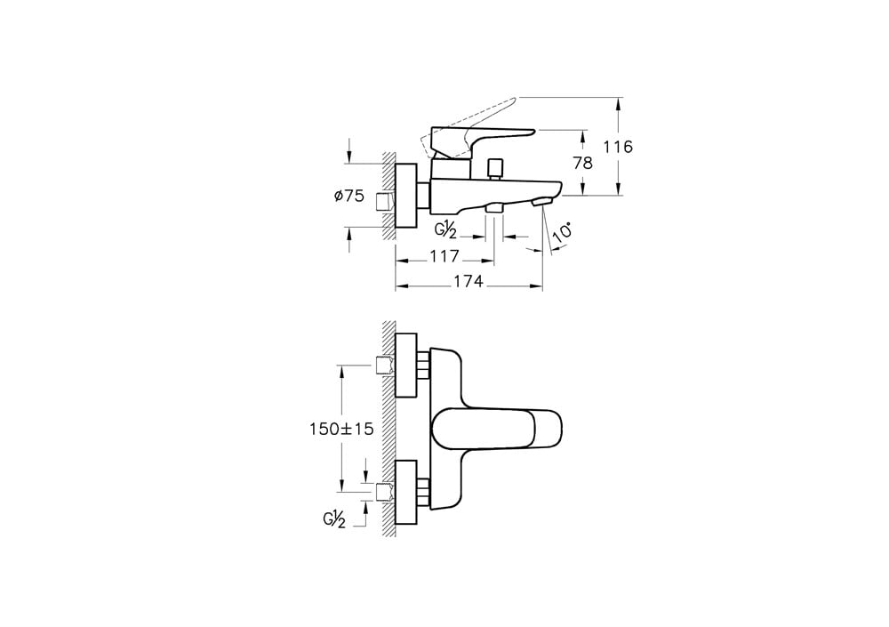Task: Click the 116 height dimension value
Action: click(618, 147)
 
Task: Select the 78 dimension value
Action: click(583, 163)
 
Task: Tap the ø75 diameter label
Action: click(349, 197)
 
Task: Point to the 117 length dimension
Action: click(444, 256)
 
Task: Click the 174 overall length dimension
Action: click(469, 281)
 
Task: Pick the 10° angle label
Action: click(563, 233)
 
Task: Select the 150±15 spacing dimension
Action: click(341, 429)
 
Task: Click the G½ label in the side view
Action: click(445, 231)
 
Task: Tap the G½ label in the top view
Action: click(334, 519)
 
